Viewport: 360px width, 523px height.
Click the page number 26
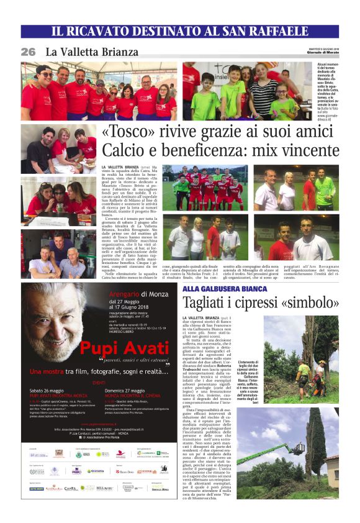28,52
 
